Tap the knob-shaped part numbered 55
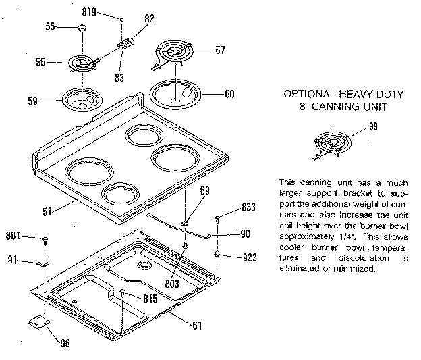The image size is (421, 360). [x=82, y=27]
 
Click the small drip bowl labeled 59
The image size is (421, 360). [x=84, y=100]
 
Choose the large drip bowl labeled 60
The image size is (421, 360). [x=175, y=93]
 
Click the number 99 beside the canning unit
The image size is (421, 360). [x=373, y=127]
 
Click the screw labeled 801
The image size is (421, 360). [x=45, y=238]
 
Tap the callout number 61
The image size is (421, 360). [x=196, y=325]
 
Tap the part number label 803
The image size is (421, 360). [x=171, y=284]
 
